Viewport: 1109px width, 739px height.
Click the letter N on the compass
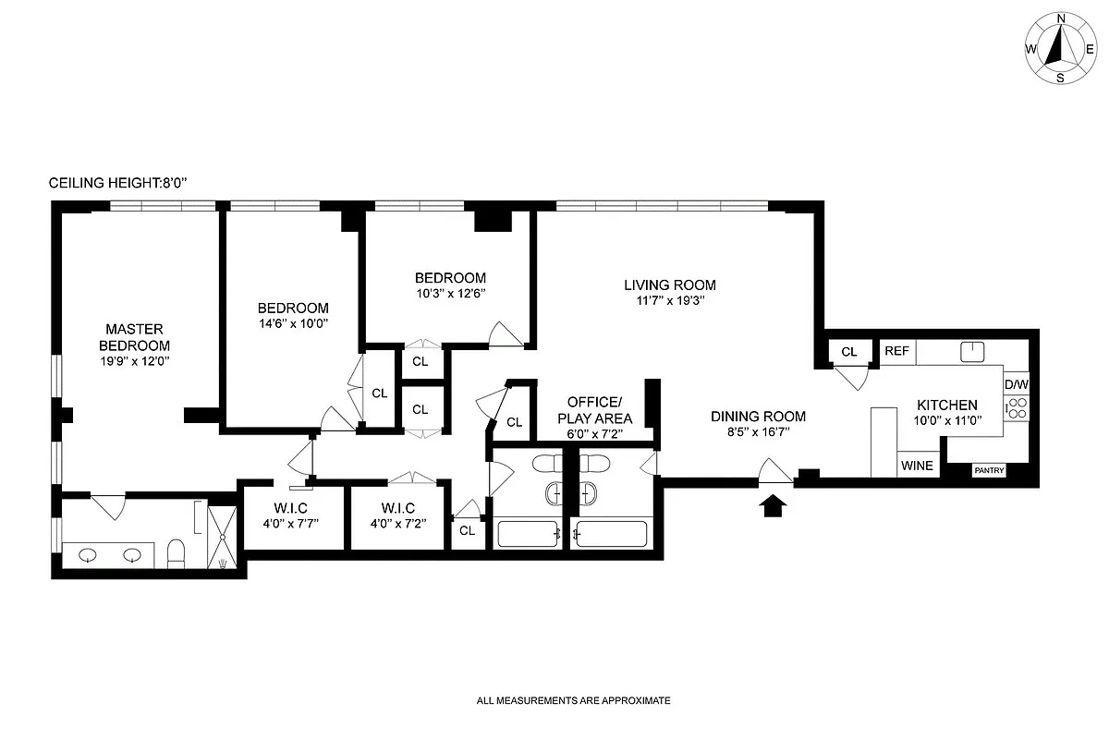(x=1061, y=19)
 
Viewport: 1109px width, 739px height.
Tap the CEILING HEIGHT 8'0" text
(x=118, y=184)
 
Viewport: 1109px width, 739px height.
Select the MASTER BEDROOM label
(x=134, y=337)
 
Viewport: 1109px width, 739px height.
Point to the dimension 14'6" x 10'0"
(x=292, y=323)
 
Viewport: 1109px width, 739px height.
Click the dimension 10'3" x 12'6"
(x=450, y=293)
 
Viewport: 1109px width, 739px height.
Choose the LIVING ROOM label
(x=669, y=285)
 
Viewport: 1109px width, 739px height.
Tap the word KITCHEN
(x=946, y=405)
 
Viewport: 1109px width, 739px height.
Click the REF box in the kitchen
(x=896, y=351)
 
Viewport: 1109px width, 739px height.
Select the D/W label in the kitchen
(x=1017, y=384)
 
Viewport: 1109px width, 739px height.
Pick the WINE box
(x=917, y=466)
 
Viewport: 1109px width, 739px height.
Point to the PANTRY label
(x=989, y=470)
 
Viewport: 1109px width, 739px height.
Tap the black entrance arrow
(x=774, y=504)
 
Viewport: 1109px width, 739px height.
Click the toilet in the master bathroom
(x=175, y=554)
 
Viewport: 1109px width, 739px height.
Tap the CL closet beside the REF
(x=849, y=351)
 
